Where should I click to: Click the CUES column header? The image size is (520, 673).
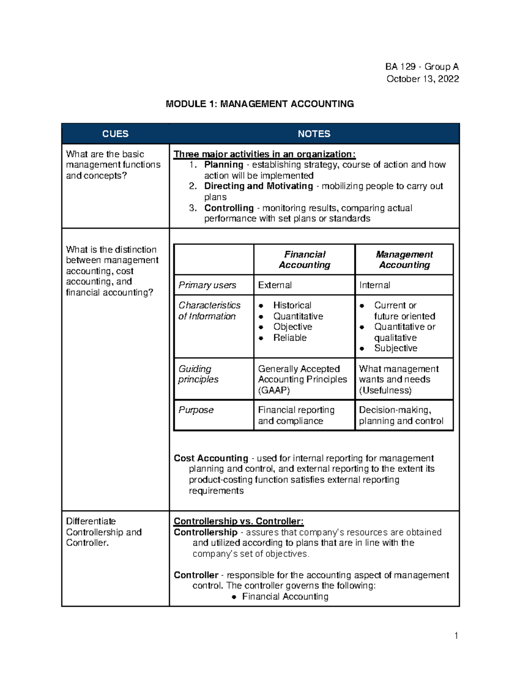click(115, 134)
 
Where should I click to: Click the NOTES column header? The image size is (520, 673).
click(314, 134)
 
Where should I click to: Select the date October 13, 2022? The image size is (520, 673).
click(422, 79)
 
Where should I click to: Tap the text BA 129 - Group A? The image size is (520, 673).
click(422, 67)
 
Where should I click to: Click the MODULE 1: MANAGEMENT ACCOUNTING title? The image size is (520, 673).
click(260, 104)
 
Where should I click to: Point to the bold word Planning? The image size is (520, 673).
click(224, 165)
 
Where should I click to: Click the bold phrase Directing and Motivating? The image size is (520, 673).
click(258, 186)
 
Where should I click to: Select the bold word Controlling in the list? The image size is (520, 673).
click(229, 208)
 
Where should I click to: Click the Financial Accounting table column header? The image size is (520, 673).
click(304, 260)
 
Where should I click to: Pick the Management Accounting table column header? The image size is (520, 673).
click(404, 260)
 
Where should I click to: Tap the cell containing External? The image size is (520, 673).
click(275, 285)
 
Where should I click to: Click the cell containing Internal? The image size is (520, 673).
click(374, 285)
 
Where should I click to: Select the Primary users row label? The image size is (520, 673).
click(207, 285)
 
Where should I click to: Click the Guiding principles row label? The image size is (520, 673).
click(198, 374)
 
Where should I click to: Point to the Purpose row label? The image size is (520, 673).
click(196, 410)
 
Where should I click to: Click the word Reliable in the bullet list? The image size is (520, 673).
click(289, 338)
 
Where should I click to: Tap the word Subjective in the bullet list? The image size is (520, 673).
click(395, 348)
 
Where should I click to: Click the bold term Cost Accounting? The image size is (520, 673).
click(211, 458)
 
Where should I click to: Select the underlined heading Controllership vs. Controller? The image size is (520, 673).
click(238, 521)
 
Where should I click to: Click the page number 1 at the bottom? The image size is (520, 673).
click(456, 636)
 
